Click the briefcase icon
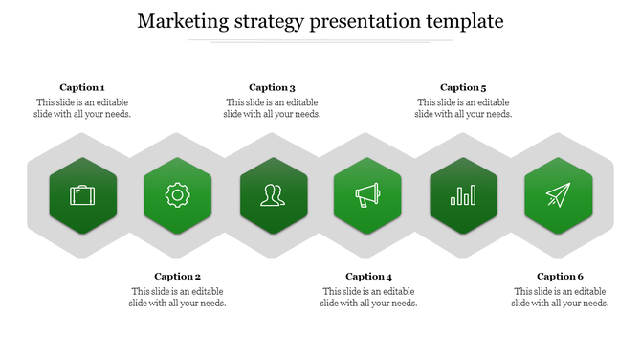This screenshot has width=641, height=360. click(x=82, y=196)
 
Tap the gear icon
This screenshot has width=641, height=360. click(x=177, y=196)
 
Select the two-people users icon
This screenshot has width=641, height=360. click(x=273, y=196)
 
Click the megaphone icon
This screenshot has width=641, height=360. click(x=368, y=196)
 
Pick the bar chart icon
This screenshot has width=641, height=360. click(x=464, y=196)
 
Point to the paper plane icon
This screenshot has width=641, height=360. click(x=559, y=196)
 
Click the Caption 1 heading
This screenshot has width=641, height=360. click(x=82, y=87)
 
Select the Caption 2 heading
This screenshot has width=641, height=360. click(x=178, y=277)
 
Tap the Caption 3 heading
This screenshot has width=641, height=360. click(x=273, y=87)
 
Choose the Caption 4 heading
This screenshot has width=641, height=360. click(x=369, y=277)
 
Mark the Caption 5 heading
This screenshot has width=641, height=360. click(x=464, y=87)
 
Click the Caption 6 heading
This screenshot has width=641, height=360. click(x=560, y=277)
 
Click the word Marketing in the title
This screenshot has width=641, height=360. click(x=183, y=21)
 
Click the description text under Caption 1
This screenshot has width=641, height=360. click(x=82, y=108)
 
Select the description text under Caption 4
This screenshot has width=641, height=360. click(x=369, y=298)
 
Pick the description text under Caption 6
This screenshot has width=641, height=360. click(x=560, y=298)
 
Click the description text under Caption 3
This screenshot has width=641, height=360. click(x=273, y=108)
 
